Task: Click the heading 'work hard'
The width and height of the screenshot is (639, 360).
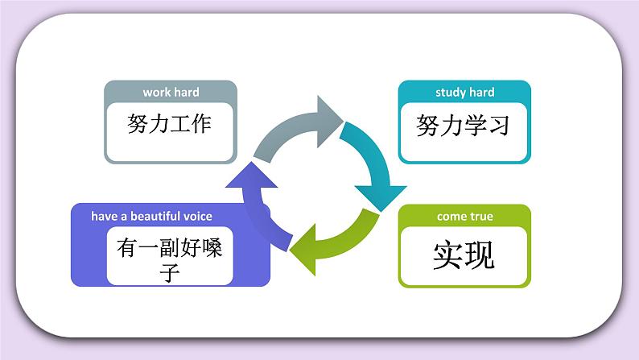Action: (x=171, y=92)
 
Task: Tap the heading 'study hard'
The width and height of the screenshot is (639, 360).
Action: (x=464, y=92)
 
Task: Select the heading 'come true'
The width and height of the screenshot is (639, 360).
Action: (x=464, y=216)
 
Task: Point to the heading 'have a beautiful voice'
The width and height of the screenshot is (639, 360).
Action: (x=151, y=216)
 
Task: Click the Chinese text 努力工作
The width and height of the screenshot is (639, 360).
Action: (x=170, y=124)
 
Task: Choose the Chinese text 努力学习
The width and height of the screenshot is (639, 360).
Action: (x=464, y=125)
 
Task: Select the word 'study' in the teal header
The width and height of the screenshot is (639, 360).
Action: (x=450, y=92)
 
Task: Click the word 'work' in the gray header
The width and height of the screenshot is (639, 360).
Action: (x=156, y=92)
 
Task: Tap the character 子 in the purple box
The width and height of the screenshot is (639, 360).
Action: (x=169, y=271)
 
